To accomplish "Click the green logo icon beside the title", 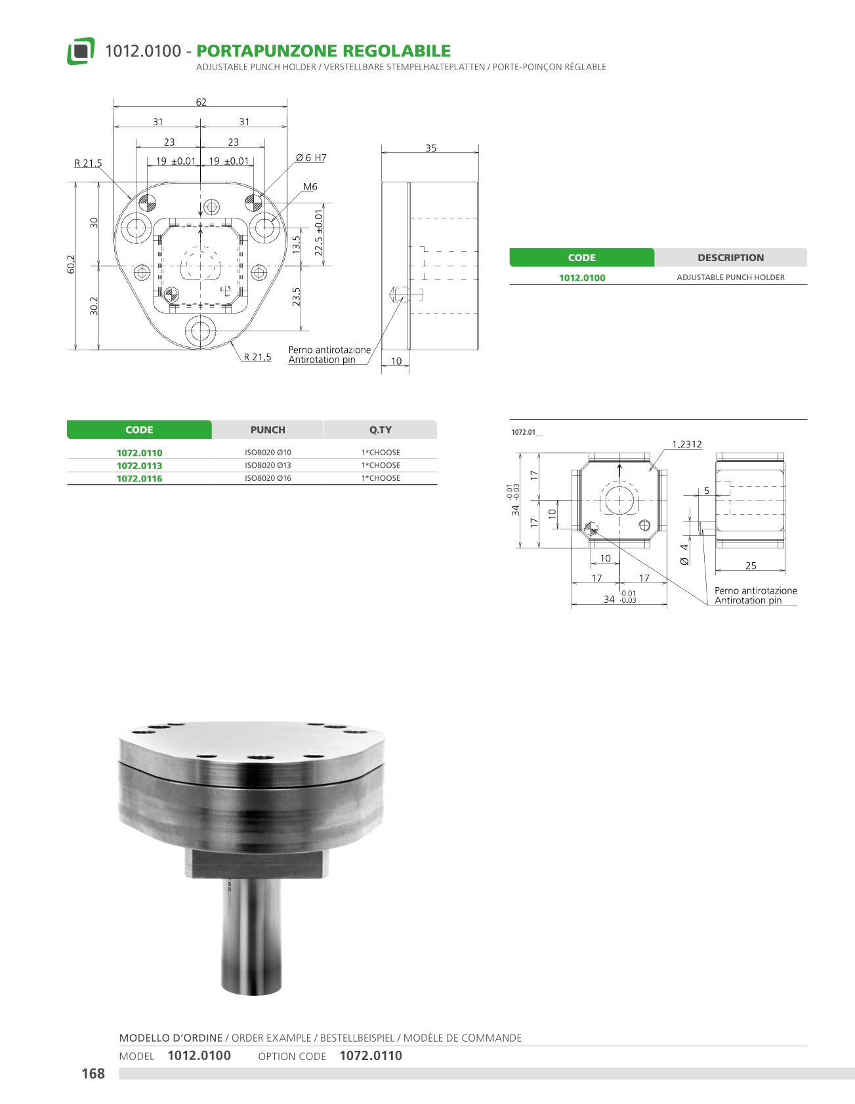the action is pos(81,51).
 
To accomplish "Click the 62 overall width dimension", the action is pos(201,102).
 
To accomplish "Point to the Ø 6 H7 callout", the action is pos(311,157).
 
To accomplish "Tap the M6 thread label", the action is pos(310,187).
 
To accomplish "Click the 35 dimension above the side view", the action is pos(430,148).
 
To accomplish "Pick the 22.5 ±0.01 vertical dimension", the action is pos(319,233).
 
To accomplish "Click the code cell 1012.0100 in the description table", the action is pos(582,277).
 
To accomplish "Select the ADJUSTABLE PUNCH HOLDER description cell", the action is pos(730,277).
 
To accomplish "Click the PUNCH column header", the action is pos(268,430).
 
